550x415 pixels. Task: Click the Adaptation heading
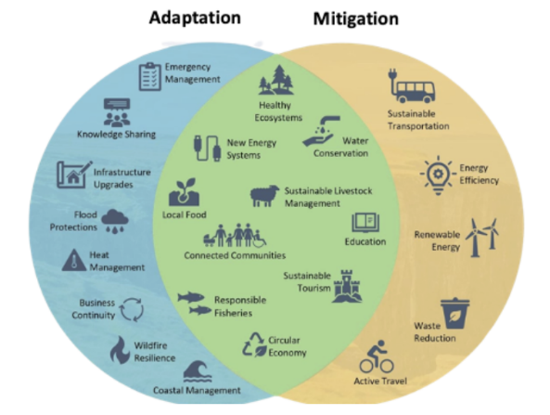pyautogui.click(x=195, y=19)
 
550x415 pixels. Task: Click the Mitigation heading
pyautogui.click(x=355, y=19)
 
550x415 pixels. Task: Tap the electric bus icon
pyautogui.click(x=412, y=86)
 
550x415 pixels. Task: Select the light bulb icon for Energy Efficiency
pyautogui.click(x=438, y=175)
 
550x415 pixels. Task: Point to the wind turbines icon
pyautogui.click(x=482, y=238)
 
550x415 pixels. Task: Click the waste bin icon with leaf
pyautogui.click(x=454, y=314)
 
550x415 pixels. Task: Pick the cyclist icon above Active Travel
pyautogui.click(x=376, y=357)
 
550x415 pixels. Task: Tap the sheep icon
pyautogui.click(x=264, y=196)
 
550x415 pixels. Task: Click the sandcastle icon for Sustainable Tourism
pyautogui.click(x=347, y=286)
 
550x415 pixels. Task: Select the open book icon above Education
pyautogui.click(x=365, y=223)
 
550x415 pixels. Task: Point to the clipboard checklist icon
pyautogui.click(x=149, y=76)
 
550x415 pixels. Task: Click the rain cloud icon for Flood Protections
pyautogui.click(x=115, y=221)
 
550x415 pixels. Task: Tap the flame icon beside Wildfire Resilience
pyautogui.click(x=121, y=350)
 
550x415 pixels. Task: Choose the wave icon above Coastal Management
pyautogui.click(x=198, y=371)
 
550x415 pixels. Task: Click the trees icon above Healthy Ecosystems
pyautogui.click(x=276, y=80)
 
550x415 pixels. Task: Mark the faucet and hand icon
pyautogui.click(x=321, y=131)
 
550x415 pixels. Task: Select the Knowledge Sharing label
pyautogui.click(x=117, y=135)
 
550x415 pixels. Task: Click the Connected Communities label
pyautogui.click(x=235, y=255)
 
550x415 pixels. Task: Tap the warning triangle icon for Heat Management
pyautogui.click(x=74, y=261)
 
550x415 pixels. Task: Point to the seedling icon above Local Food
pyautogui.click(x=185, y=192)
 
